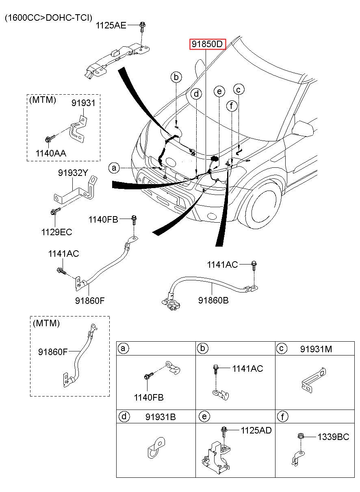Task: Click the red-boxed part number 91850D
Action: coord(207,44)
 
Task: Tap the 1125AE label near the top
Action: coord(111,26)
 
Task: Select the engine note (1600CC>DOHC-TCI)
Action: coord(48,17)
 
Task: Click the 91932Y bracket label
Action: coord(73,173)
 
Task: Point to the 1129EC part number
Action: coord(56,232)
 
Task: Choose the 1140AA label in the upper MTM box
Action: coord(51,153)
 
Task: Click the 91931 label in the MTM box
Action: coord(83,103)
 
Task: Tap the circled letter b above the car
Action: coord(176,77)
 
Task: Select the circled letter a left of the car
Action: coord(114,168)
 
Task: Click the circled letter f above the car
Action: coord(232,106)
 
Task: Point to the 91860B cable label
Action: coord(213,300)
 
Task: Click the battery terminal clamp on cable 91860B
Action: coord(171,304)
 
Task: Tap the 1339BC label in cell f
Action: coord(334,437)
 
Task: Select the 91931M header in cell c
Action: coord(316,349)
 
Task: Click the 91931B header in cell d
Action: coord(160,417)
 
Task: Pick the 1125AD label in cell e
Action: coord(256,430)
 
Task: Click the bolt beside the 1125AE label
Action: coord(143,26)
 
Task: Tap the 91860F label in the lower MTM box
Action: coord(53,352)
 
